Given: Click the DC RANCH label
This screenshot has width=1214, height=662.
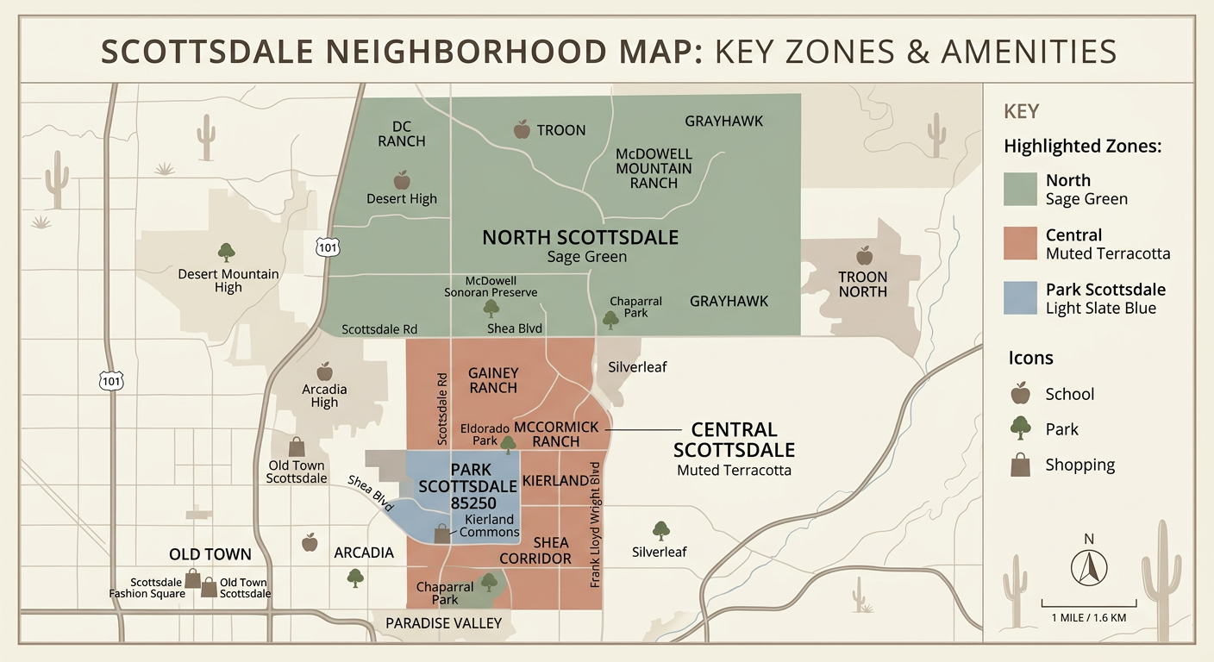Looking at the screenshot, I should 402,134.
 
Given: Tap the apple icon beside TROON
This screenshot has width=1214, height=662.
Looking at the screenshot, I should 522,129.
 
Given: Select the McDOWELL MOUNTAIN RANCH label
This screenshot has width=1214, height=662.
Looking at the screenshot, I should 654,168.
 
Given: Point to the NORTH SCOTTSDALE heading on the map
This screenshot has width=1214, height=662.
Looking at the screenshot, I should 580,237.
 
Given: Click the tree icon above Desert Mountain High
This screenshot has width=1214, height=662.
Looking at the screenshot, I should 227,252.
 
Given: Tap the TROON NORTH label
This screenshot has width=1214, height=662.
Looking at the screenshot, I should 863,284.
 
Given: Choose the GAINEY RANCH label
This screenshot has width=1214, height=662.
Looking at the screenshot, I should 493,380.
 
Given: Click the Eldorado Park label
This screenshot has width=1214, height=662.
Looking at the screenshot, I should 479,434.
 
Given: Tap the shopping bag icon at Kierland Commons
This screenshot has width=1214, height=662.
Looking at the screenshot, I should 442,534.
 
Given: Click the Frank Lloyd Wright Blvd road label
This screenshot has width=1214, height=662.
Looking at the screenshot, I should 595,525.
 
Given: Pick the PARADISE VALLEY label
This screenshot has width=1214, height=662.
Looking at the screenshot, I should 443,623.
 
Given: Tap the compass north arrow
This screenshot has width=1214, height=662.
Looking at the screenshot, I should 1089,566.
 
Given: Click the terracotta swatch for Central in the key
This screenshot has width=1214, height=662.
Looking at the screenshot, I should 1019,243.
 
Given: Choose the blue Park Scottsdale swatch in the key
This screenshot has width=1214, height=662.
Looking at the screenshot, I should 1019,297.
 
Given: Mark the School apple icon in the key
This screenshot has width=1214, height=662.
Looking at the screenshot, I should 1020,393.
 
